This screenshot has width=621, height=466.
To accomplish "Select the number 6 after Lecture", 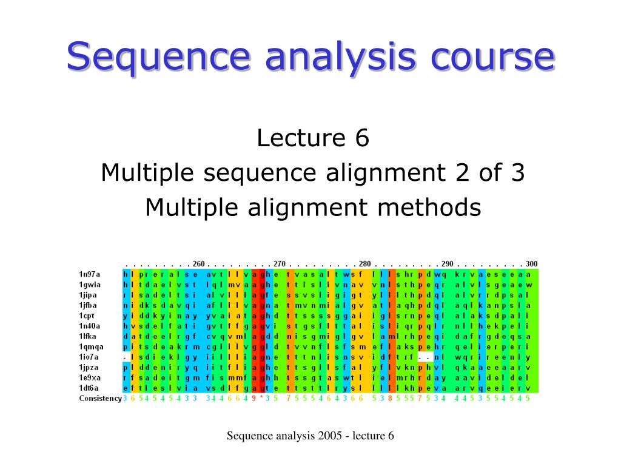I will [x=362, y=138].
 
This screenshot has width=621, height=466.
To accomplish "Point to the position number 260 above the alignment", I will [x=198, y=264].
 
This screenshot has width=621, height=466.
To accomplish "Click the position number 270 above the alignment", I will [x=279, y=264].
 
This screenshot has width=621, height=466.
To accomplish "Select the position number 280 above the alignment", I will [x=364, y=264].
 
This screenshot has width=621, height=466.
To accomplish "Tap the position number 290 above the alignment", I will [x=447, y=264].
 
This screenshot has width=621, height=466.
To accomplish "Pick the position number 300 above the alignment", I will [x=531, y=264].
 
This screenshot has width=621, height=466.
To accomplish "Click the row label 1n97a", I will [x=90, y=274].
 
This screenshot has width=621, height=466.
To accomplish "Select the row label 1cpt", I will [x=87, y=316].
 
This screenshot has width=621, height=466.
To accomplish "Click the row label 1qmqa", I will [x=91, y=346].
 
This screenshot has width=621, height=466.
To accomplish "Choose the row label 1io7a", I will [x=90, y=357].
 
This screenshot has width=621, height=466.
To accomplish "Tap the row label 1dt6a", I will [x=90, y=388].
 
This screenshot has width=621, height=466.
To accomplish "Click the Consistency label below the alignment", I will [x=100, y=399].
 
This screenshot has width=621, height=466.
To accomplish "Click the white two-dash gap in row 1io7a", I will [x=426, y=357].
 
